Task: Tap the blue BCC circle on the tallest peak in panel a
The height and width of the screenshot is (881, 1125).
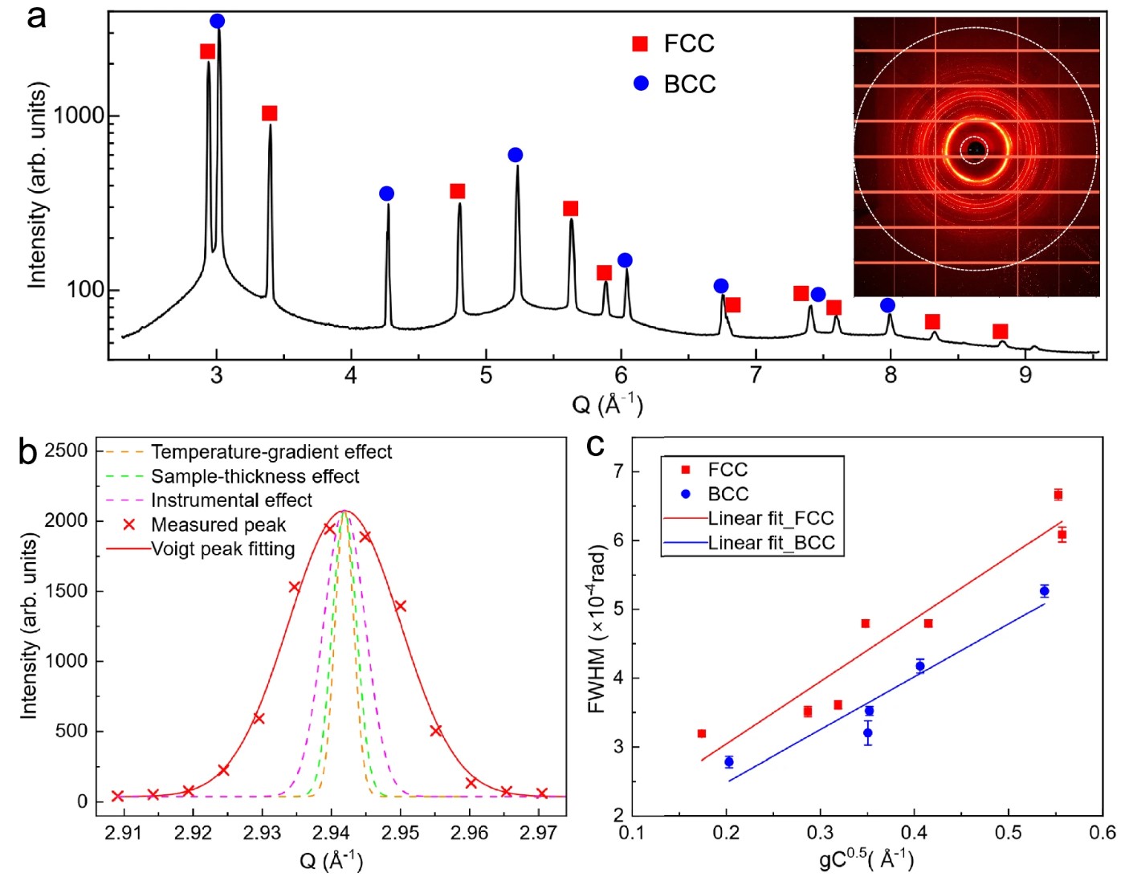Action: click(x=217, y=21)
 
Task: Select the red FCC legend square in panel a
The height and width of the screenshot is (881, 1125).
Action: click(x=640, y=44)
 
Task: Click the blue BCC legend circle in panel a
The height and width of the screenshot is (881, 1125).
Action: click(x=641, y=84)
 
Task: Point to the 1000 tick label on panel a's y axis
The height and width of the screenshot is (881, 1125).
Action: click(x=79, y=116)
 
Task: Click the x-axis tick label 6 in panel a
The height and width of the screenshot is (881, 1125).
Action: click(x=621, y=375)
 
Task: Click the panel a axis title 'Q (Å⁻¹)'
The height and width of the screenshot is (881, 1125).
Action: click(x=607, y=403)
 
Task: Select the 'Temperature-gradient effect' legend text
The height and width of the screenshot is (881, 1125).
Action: click(x=271, y=452)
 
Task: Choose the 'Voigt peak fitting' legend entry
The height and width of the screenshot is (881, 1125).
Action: click(x=223, y=549)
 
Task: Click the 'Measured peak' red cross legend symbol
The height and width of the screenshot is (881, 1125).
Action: click(x=128, y=524)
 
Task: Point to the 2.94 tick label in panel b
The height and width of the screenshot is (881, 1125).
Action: click(x=331, y=833)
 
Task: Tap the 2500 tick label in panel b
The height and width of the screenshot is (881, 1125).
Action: click(x=66, y=451)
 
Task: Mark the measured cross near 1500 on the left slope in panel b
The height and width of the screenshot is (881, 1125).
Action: click(x=294, y=587)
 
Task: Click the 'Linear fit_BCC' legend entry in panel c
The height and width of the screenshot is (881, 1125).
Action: click(x=771, y=543)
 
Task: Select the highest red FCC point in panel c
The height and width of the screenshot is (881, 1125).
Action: click(x=1058, y=495)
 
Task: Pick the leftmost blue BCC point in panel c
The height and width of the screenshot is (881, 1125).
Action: click(x=728, y=762)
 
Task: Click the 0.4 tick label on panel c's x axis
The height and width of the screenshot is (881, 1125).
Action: click(x=914, y=833)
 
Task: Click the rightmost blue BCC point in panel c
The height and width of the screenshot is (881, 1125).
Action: click(x=1044, y=591)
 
